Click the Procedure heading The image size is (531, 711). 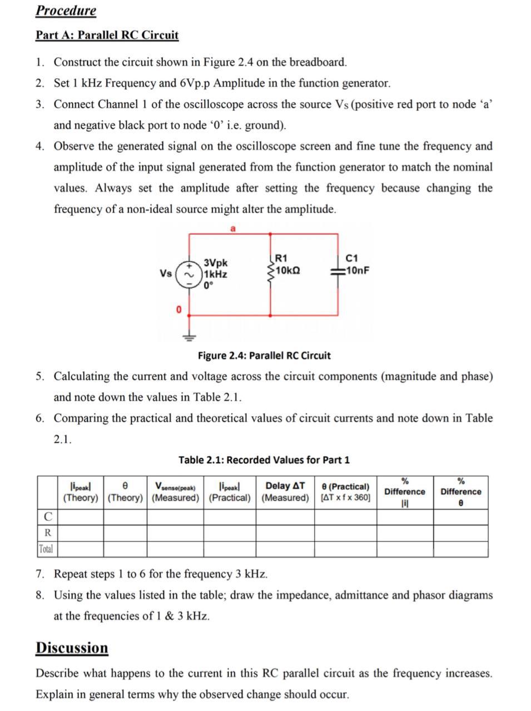(x=66, y=11)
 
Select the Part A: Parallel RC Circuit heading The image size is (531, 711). (x=107, y=35)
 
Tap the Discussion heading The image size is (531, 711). (x=72, y=648)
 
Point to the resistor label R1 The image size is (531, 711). (x=281, y=258)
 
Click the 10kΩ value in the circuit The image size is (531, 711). (x=288, y=271)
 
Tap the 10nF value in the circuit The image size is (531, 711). (x=357, y=271)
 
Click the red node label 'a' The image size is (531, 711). (x=233, y=228)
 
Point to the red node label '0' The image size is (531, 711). (x=178, y=309)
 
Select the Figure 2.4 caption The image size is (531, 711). (x=264, y=355)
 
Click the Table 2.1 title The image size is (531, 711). (x=264, y=460)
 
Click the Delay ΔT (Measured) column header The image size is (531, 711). (x=285, y=492)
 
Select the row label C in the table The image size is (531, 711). (x=48, y=517)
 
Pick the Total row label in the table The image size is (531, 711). (x=46, y=549)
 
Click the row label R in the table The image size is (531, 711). (x=48, y=533)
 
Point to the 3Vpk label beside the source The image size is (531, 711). (x=216, y=263)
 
